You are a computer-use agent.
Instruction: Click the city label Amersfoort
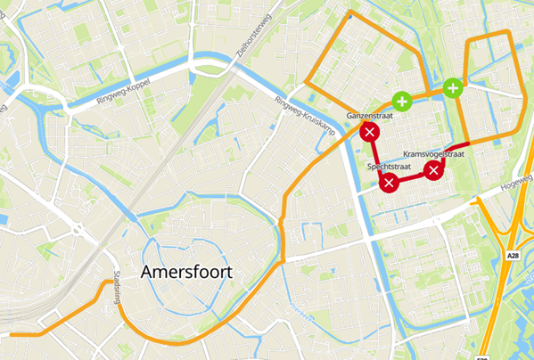(x=185, y=274)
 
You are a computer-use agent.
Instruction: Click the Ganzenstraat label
(x=368, y=117)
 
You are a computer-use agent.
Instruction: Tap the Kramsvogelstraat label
(x=440, y=154)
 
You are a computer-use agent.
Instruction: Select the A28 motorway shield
(x=513, y=257)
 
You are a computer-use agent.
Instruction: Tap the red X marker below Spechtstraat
(x=390, y=184)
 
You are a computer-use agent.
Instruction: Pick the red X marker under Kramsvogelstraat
(x=433, y=170)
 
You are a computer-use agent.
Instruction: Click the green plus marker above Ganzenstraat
(x=402, y=100)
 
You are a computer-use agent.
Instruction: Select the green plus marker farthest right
(x=453, y=87)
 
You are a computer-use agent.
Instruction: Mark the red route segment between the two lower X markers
(x=412, y=180)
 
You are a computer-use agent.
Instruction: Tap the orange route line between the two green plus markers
(x=428, y=93)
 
